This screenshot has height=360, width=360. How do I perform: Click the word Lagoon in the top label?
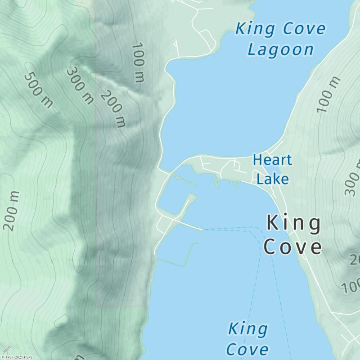pyautogui.click(x=280, y=49)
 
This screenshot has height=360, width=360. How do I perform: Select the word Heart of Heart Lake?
pyautogui.click(x=272, y=160)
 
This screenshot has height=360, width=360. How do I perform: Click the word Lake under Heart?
pyautogui.click(x=272, y=179)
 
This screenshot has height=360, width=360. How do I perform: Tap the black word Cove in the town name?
pyautogui.click(x=293, y=247)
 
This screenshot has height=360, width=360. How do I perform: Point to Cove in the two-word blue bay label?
pyautogui.click(x=247, y=349)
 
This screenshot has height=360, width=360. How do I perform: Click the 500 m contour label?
pyautogui.click(x=38, y=90)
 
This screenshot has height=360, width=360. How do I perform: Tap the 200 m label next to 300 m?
pyautogui.click(x=112, y=108)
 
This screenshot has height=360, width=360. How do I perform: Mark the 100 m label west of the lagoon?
pyautogui.click(x=138, y=63)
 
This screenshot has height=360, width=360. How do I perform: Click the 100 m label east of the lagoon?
pyautogui.click(x=328, y=94)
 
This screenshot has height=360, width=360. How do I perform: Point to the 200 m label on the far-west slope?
pyautogui.click(x=12, y=211)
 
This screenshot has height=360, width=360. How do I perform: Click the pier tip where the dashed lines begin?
pyautogui.click(x=201, y=229)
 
